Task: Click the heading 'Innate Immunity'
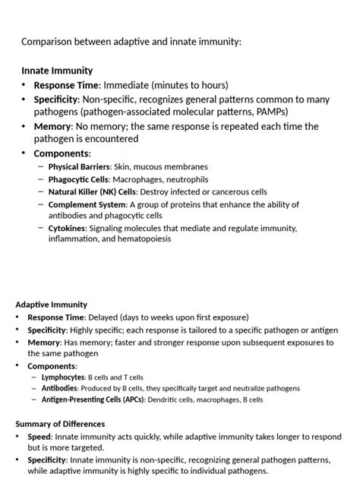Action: [57, 70]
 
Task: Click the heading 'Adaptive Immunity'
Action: [51, 305]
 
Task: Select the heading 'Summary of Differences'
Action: [60, 424]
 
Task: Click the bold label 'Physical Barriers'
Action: [79, 166]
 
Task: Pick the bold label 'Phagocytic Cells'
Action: [78, 179]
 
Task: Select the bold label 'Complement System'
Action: [87, 205]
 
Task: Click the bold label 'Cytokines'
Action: [67, 228]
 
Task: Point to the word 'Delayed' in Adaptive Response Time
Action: [103, 317]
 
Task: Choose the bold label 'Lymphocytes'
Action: [63, 377]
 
